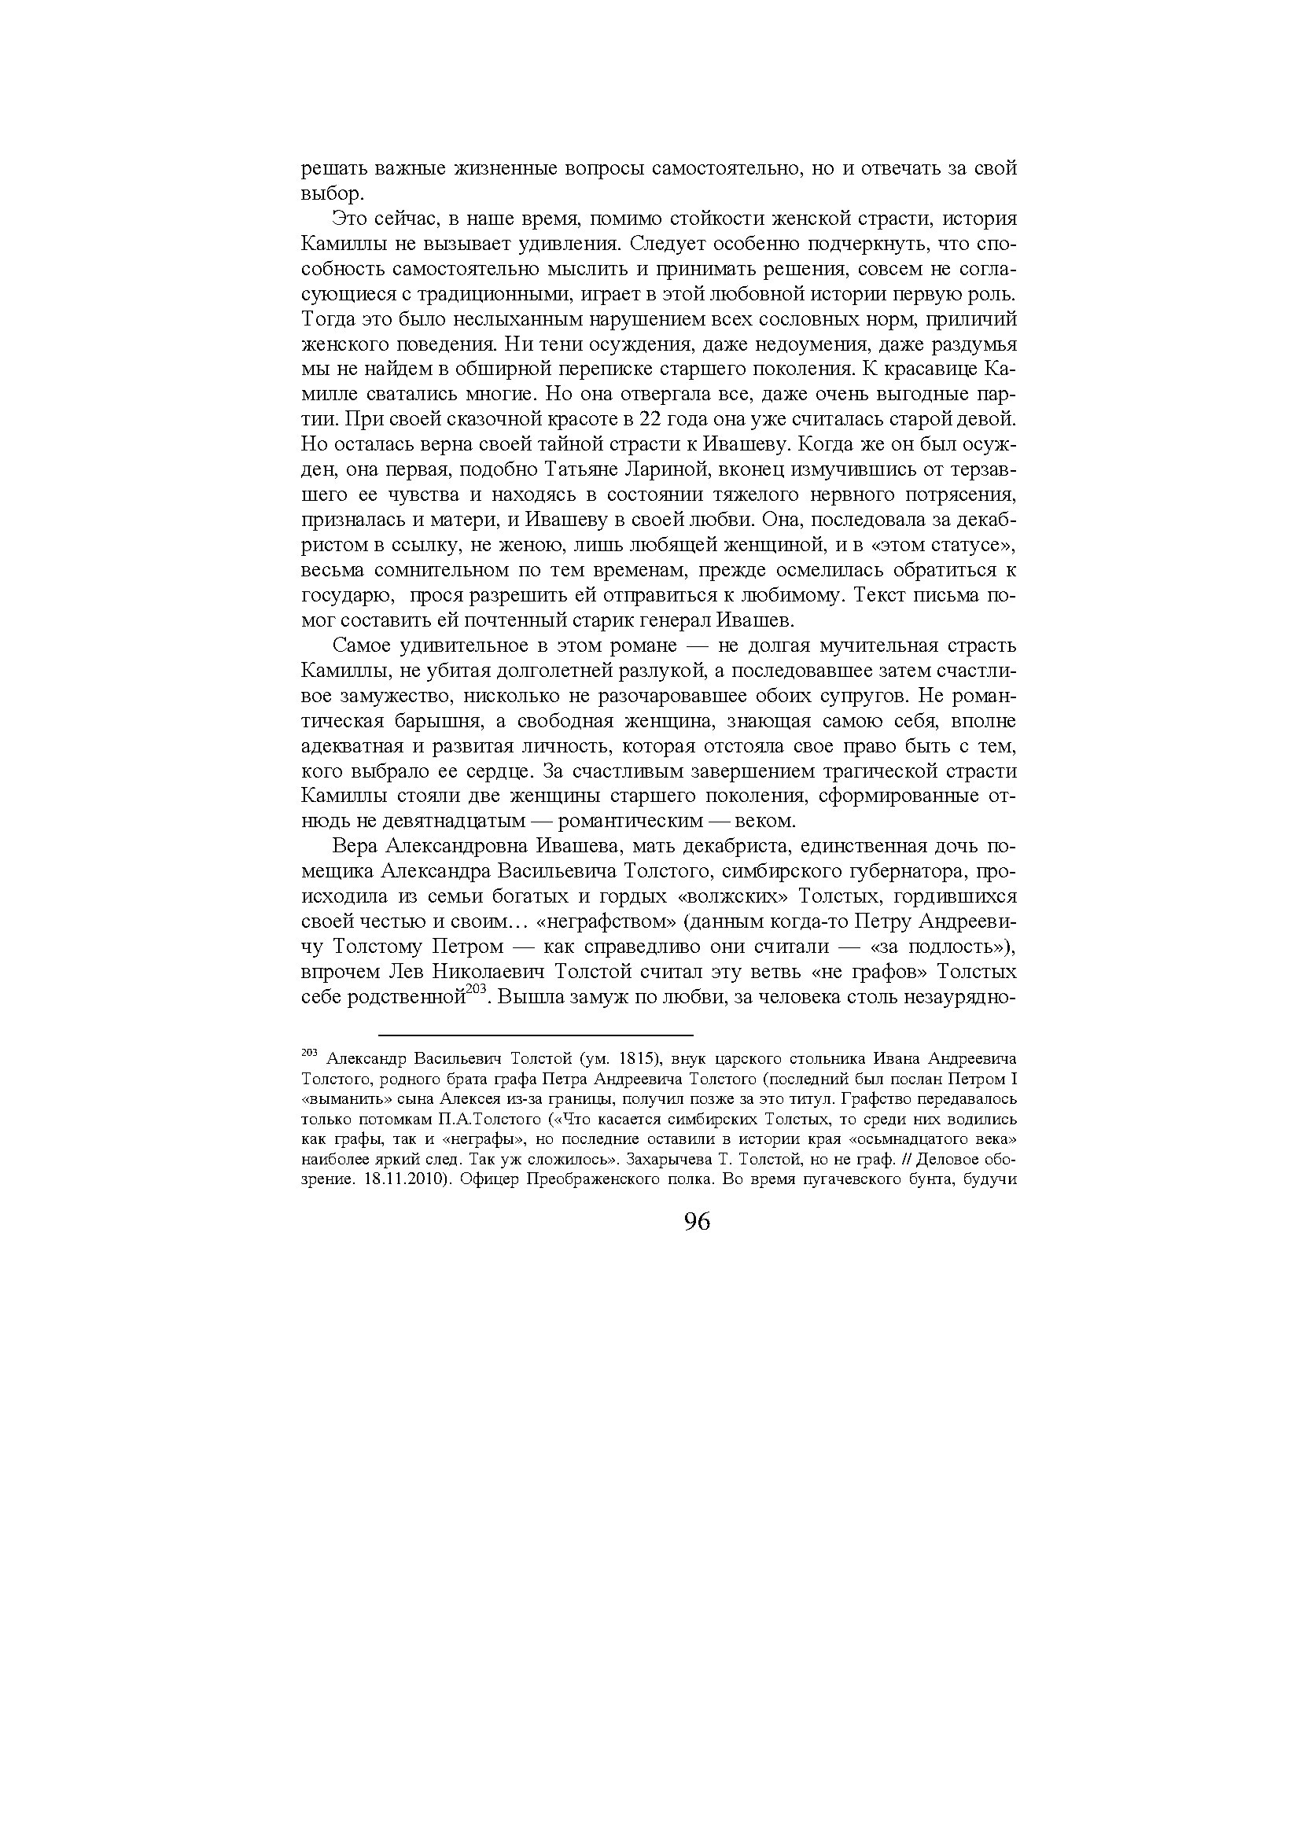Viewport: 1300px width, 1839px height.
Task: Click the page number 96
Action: pyautogui.click(x=697, y=1223)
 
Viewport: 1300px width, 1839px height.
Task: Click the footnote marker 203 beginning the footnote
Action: pyautogui.click(x=310, y=1051)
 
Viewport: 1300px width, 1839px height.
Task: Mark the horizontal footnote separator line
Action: pyautogui.click(x=535, y=1035)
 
